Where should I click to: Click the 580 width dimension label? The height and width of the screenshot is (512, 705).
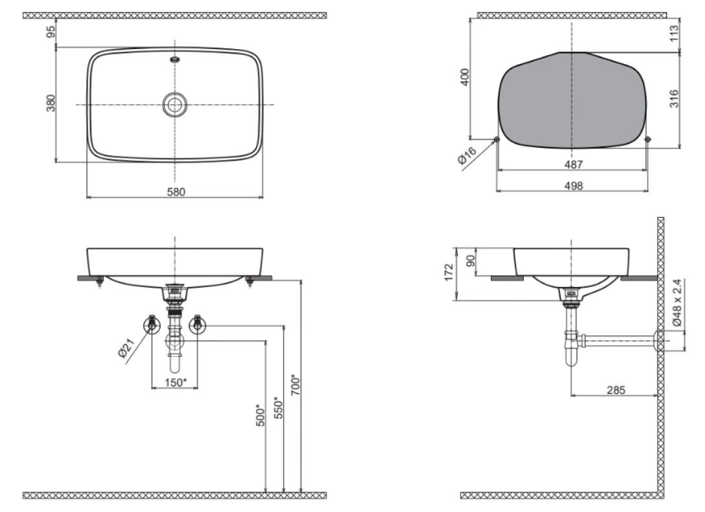(176, 192)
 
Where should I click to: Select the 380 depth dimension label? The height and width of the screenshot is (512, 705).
(51, 103)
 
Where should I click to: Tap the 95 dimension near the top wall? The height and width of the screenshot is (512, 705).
(51, 32)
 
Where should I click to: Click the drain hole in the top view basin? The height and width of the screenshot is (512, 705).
(175, 105)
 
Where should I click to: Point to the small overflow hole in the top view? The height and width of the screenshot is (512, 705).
(175, 59)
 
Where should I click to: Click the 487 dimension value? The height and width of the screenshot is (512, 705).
(573, 164)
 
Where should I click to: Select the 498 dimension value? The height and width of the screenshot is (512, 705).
(573, 186)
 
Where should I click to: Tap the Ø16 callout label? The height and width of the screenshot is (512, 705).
(467, 156)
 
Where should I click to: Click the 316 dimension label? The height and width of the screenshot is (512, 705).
(674, 98)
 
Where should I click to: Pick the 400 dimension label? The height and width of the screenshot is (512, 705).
(465, 77)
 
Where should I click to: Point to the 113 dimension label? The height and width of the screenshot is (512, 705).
(674, 34)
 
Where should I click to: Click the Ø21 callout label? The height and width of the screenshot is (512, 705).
(127, 348)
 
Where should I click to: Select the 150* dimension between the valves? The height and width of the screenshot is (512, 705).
(175, 383)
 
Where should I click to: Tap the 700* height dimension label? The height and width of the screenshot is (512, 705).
(296, 385)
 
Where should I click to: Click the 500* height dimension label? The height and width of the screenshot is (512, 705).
(260, 415)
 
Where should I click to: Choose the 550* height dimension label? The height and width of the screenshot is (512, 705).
(278, 407)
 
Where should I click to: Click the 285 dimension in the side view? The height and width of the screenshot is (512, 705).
(616, 390)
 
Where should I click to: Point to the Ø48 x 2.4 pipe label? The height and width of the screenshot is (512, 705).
(677, 302)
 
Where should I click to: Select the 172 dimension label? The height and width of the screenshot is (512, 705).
(449, 273)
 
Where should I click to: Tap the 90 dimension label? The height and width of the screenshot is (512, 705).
(470, 261)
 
